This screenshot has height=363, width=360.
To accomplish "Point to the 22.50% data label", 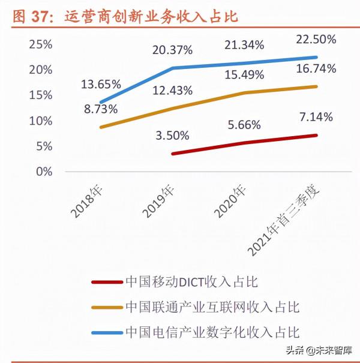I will coord(315,39).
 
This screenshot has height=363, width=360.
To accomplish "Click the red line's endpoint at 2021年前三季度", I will coord(317,135).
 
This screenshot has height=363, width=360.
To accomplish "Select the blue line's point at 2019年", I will coord(173,68).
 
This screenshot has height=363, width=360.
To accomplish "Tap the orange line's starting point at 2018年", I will coord(100,127).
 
